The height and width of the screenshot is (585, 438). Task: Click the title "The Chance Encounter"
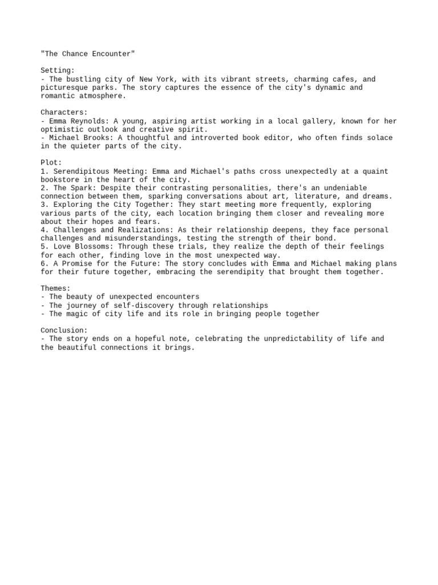[88, 54]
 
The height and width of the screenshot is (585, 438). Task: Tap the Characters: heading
[64, 113]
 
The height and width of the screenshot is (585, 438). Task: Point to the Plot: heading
[51, 163]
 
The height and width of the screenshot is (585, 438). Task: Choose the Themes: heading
[55, 289]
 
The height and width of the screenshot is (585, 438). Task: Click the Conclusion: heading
[64, 330]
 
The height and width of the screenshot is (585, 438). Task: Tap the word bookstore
[62, 180]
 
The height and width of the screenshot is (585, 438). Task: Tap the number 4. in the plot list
[44, 230]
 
